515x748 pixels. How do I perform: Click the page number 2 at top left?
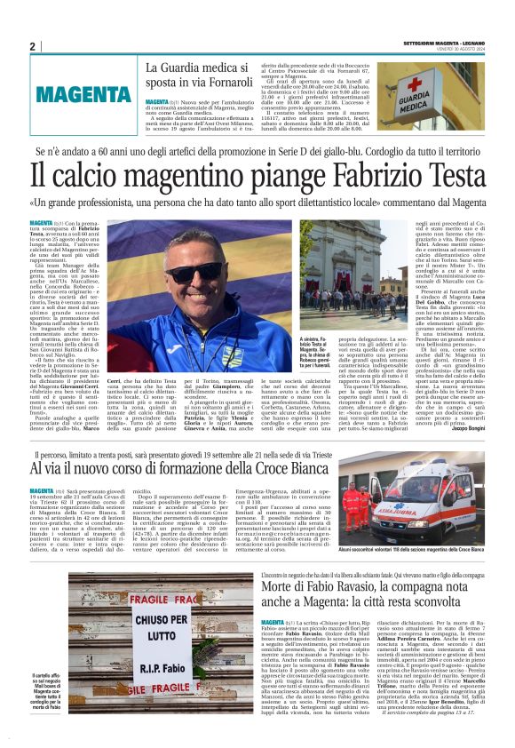pyautogui.click(x=32, y=46)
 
